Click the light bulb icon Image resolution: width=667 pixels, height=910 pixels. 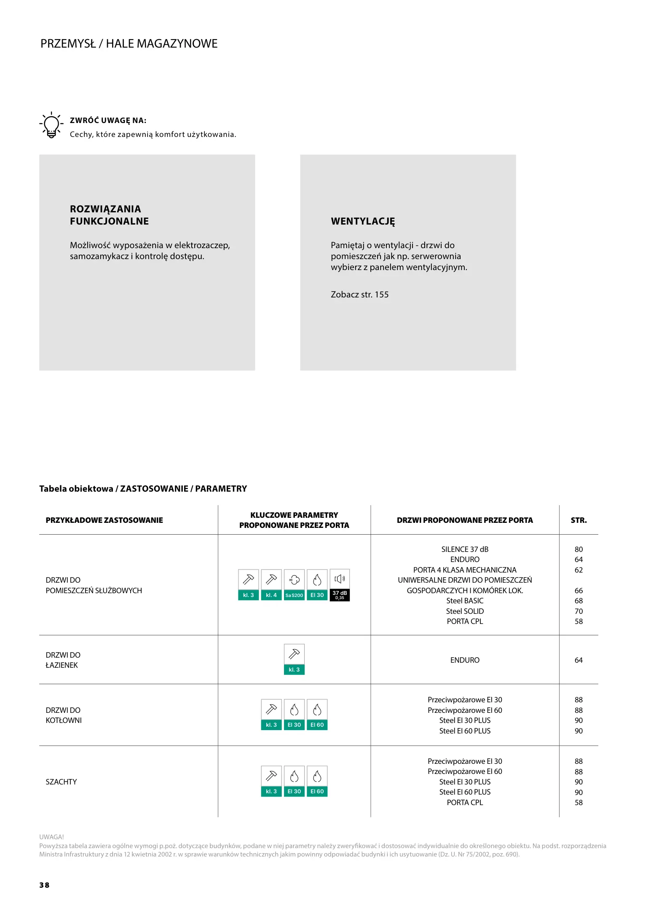pos(51,125)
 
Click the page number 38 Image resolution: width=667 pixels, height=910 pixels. pos(44,885)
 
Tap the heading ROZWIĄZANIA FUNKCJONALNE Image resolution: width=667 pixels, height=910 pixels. pos(109,215)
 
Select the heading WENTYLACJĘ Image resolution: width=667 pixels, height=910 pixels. pos(363,221)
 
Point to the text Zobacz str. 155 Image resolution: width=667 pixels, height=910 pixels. pos(359,294)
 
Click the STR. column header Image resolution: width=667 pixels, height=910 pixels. pos(579,520)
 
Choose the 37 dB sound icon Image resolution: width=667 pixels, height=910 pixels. pos(340,585)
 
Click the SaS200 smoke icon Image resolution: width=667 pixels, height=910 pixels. pos(294,585)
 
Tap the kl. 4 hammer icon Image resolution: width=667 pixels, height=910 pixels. pos(271,585)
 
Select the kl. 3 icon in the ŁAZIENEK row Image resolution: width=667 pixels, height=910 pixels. pos(294,659)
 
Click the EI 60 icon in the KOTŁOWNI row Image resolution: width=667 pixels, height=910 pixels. pos(317,715)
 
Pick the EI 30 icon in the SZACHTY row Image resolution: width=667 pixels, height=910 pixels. pos(294,781)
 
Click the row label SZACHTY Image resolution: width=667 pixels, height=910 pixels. pos(62,782)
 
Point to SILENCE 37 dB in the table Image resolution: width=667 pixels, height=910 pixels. pos(465,549)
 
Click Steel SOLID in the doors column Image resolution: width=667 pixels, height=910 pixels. pos(465,611)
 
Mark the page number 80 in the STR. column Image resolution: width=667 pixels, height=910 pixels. pos(579,549)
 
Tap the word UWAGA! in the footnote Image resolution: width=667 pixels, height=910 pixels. pos(52,837)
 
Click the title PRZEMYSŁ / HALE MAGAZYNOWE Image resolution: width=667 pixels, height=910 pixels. pos(129,44)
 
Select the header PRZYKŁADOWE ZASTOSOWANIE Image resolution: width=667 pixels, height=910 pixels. pos(104,520)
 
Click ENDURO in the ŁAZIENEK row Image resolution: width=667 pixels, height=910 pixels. pos(465,660)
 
